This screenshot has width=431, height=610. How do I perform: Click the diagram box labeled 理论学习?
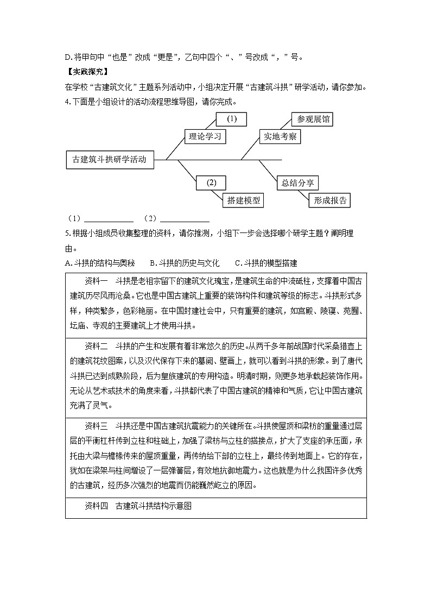coord(205,136)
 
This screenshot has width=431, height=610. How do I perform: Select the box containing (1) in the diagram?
coord(231,119)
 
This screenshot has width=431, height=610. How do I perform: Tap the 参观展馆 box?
coord(312,119)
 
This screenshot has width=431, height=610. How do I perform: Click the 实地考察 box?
coord(280,136)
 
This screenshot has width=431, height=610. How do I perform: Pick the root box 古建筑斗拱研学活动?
coord(109,160)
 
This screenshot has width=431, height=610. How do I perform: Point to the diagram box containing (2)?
coord(211,183)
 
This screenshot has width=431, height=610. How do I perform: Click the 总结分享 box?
coord(297,183)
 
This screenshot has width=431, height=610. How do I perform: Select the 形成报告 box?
coord(329,200)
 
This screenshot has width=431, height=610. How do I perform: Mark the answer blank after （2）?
coord(185,219)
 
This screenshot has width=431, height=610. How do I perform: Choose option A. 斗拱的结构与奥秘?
coord(99,263)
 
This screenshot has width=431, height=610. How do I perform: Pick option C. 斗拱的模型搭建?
coord(266,263)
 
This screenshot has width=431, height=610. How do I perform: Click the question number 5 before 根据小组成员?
coord(66,234)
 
